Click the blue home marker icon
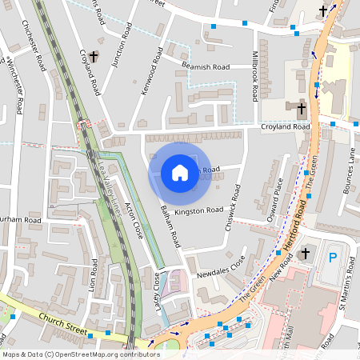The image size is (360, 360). [x=180, y=172]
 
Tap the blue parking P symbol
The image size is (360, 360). [x=333, y=258]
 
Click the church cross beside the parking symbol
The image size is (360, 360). [x=304, y=254]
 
